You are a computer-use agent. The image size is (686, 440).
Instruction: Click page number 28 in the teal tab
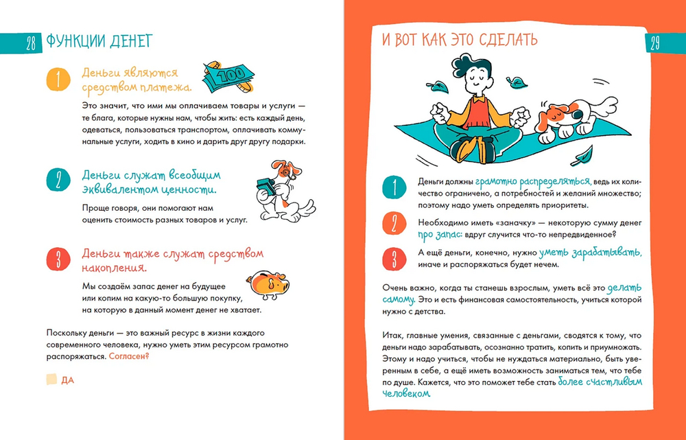(x=30, y=44)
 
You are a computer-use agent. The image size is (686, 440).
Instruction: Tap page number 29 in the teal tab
(x=654, y=44)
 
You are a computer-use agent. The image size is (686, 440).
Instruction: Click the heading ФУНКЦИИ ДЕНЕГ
(x=99, y=42)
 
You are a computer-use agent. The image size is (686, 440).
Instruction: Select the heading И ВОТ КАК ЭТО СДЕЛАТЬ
(x=460, y=39)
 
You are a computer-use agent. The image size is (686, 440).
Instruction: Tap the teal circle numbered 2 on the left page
(x=58, y=181)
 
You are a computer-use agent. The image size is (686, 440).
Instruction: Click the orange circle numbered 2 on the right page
(x=394, y=224)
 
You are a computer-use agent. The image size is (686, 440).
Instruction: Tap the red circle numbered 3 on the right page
(x=394, y=259)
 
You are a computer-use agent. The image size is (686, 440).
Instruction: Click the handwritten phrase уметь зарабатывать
(x=590, y=253)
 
